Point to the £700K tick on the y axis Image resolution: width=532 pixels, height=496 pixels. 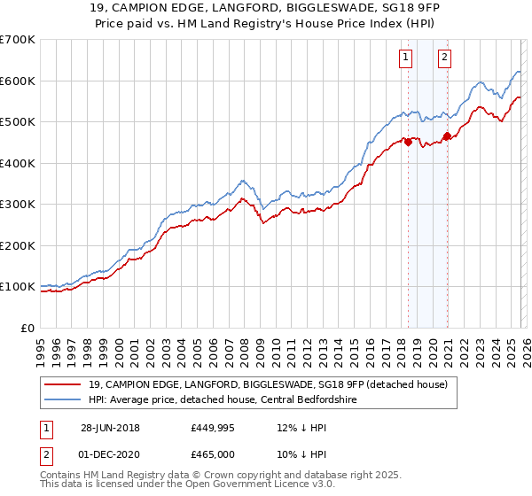click(18, 40)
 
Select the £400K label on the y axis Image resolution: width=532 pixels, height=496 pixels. click(18, 163)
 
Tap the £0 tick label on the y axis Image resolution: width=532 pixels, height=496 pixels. click(27, 328)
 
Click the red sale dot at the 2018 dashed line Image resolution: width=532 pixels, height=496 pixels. click(408, 142)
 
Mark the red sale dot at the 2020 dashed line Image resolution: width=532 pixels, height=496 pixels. click(447, 136)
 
